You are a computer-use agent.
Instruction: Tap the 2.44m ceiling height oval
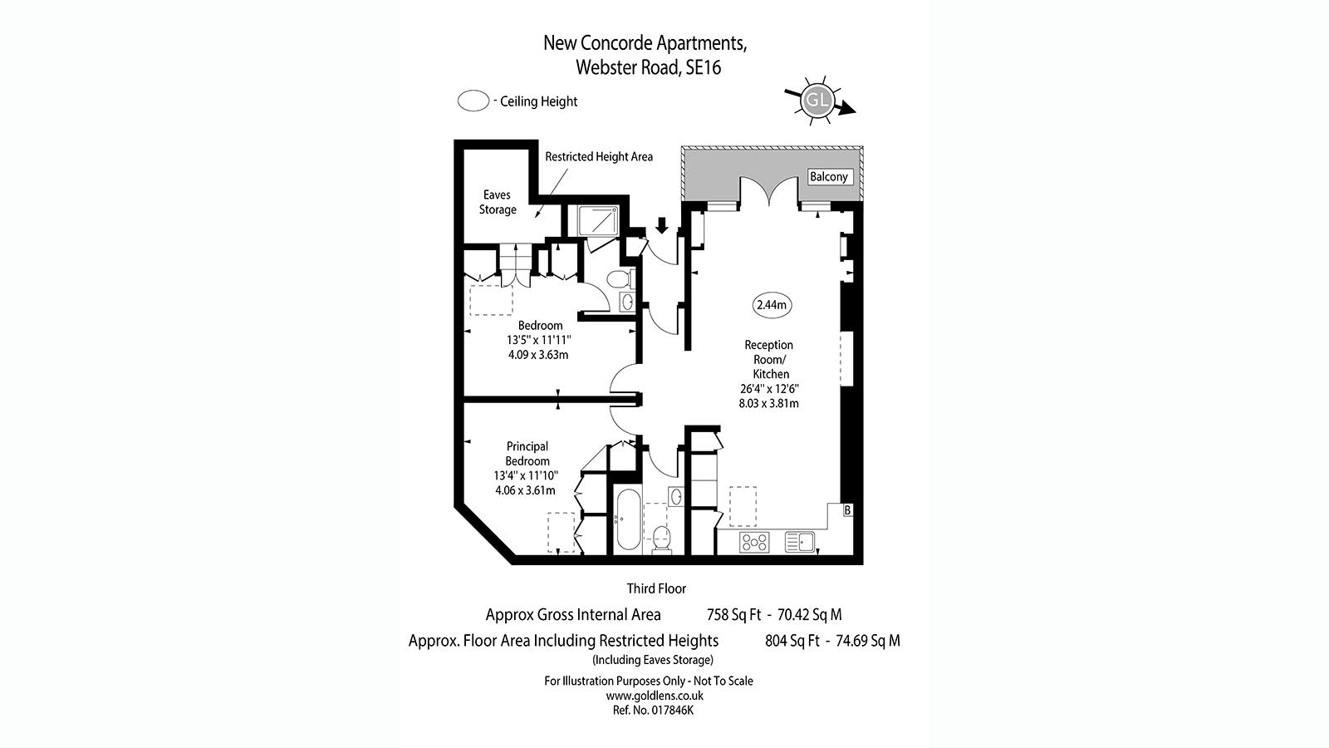pos(772,305)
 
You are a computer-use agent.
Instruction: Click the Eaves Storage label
pos(498,202)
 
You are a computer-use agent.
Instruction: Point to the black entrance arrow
pos(662,225)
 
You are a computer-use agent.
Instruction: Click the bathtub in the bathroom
pos(628,520)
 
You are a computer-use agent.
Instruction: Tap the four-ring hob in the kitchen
pos(754,542)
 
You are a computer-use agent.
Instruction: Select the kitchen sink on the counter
pos(799,541)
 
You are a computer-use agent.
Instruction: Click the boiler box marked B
pos(847,510)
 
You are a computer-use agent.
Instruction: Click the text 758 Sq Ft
pos(733,615)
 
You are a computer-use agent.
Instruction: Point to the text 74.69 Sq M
pos(867,641)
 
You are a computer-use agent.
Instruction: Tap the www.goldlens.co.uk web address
pos(655,695)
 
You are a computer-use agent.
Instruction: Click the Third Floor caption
pos(656,589)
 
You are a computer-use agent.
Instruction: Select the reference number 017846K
pos(672,710)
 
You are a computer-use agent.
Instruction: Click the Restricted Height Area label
pos(599,157)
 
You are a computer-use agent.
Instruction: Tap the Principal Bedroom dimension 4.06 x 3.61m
pos(525,490)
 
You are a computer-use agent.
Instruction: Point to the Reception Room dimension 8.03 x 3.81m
pos(768,404)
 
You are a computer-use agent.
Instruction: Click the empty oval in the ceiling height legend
pos(473,101)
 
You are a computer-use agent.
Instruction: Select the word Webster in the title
pos(606,67)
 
